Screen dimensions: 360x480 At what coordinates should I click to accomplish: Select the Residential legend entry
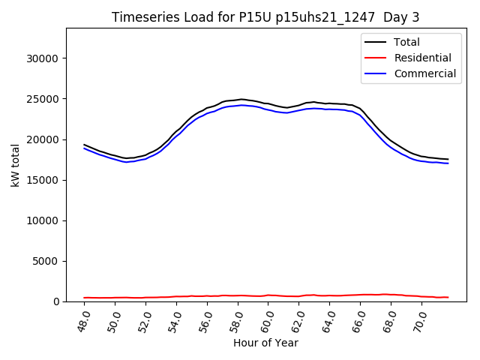click(x=422, y=58)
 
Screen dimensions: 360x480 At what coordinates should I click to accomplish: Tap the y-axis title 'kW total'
click(x=16, y=164)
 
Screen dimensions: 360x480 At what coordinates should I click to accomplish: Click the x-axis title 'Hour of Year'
click(x=265, y=343)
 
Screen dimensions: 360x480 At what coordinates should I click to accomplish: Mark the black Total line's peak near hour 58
click(x=241, y=99)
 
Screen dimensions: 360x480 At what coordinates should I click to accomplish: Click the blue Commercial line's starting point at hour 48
click(x=85, y=148)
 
